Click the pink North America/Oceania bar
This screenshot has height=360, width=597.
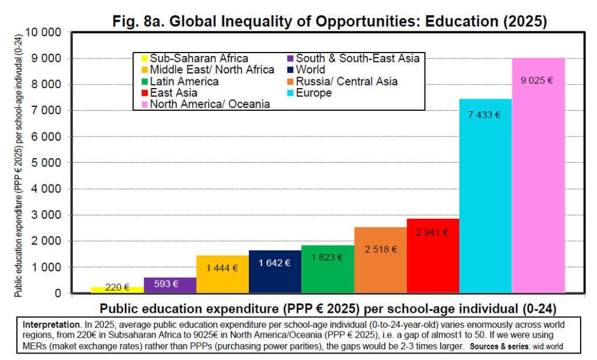[x=538, y=187]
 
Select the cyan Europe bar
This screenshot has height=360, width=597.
[x=486, y=204]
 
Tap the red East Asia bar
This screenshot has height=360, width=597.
[x=433, y=263]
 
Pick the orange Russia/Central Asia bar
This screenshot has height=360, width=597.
[x=380, y=268]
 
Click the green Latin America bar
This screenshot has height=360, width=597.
[x=328, y=274]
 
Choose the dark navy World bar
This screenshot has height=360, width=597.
[x=275, y=277]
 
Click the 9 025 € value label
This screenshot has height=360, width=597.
[x=537, y=81]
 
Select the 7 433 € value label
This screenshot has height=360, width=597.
[x=484, y=115]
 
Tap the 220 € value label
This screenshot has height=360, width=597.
[x=117, y=288]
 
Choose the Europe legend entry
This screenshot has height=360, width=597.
[x=314, y=93]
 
